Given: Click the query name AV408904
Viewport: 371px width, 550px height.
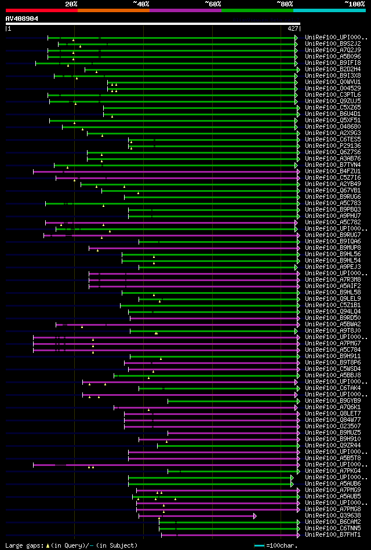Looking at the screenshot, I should click(22, 19).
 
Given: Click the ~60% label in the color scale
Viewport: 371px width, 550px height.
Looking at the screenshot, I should click(213, 4).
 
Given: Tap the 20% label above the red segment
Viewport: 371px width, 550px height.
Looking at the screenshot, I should click(71, 4).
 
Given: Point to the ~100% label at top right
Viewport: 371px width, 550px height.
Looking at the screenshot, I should click(354, 4).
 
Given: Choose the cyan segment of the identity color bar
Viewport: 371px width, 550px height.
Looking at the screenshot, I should click(329, 10).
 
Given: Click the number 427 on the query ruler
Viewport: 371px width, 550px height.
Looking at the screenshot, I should click(292, 28).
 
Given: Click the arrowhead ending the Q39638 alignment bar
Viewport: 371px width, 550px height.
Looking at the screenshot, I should click(254, 515).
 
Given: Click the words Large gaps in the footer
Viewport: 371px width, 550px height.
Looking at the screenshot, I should click(23, 545).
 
